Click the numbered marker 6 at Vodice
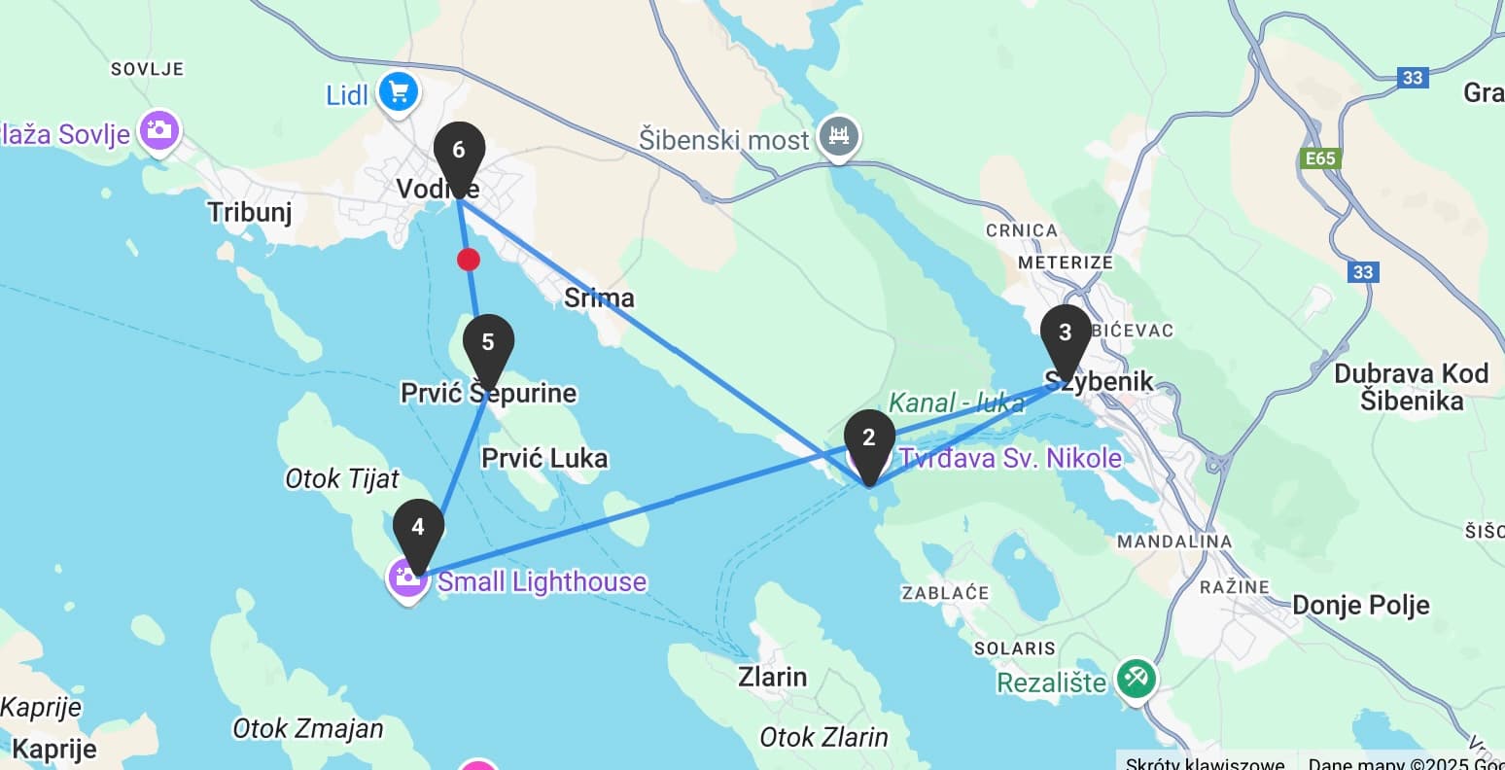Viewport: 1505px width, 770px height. coord(459,152)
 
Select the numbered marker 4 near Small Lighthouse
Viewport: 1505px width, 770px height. coord(418,529)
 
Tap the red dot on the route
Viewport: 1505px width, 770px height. coord(469,260)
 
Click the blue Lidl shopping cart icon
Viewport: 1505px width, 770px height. coord(398,93)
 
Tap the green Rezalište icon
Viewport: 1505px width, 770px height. coord(1136,678)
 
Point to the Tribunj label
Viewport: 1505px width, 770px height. coord(250,211)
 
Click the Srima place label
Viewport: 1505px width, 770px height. coord(599,297)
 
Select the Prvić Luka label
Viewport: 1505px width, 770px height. coord(544,458)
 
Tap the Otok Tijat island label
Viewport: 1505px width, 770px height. coord(342,478)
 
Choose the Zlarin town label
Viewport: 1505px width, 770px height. coord(772,676)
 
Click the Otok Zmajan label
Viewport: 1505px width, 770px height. coord(308,728)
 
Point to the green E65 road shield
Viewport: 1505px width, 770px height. coord(1320,158)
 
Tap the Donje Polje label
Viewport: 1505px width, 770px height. coord(1360,605)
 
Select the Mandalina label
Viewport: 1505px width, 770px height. coord(1174,542)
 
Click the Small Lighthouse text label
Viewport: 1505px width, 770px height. coord(542,581)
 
